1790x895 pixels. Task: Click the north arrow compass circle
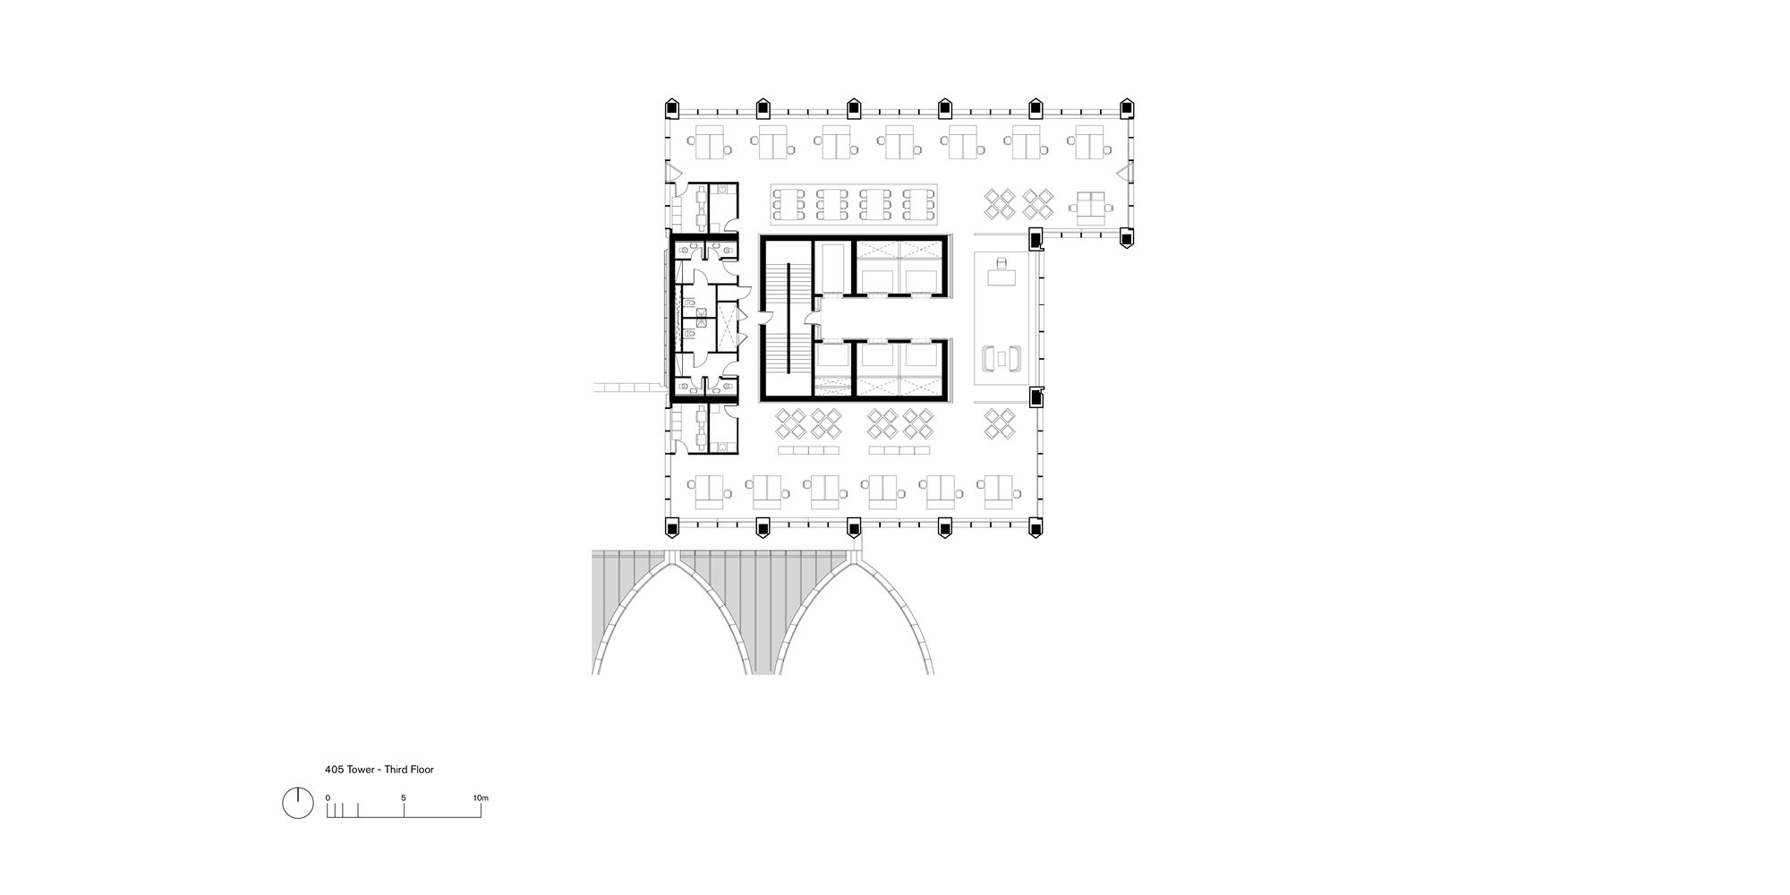pyautogui.click(x=298, y=803)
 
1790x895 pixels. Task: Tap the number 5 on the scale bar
pyautogui.click(x=404, y=797)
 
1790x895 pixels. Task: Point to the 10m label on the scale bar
pyautogui.click(x=481, y=797)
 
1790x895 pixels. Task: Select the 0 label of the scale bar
pyautogui.click(x=328, y=797)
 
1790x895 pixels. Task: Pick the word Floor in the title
pyautogui.click(x=422, y=770)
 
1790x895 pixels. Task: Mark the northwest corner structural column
pyautogui.click(x=672, y=108)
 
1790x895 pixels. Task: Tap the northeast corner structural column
pyautogui.click(x=1128, y=108)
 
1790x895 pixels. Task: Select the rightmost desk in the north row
pyautogui.click(x=1089, y=141)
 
